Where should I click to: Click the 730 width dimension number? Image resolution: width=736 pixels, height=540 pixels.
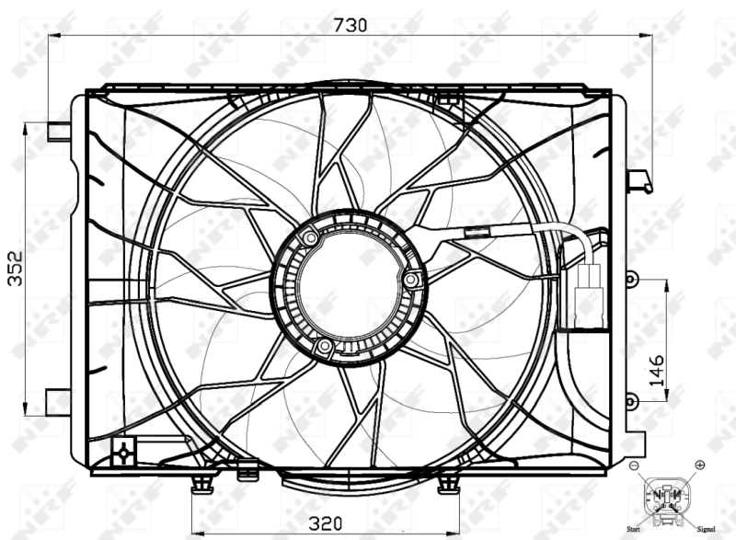pyautogui.click(x=351, y=25)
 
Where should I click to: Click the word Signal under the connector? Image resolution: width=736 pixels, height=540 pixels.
pyautogui.click(x=707, y=529)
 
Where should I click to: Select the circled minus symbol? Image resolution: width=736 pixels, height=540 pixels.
pyautogui.click(x=634, y=466)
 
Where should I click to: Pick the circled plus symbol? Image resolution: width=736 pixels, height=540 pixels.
pyautogui.click(x=700, y=465)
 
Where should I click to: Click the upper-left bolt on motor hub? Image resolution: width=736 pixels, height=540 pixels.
pyautogui.click(x=311, y=239)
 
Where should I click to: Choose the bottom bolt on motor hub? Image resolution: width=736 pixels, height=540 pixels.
pyautogui.click(x=323, y=346)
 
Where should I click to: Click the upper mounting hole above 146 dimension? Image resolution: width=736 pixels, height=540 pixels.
pyautogui.click(x=630, y=278)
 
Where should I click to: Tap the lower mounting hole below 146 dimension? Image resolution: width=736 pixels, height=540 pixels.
pyautogui.click(x=630, y=401)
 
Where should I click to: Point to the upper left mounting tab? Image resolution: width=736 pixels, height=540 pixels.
pyautogui.click(x=58, y=132)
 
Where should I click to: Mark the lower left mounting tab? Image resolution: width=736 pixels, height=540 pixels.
pyautogui.click(x=57, y=402)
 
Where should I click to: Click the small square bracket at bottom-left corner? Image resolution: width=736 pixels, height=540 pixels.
pyautogui.click(x=121, y=452)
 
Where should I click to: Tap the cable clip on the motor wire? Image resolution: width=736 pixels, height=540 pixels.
pyautogui.click(x=477, y=233)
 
